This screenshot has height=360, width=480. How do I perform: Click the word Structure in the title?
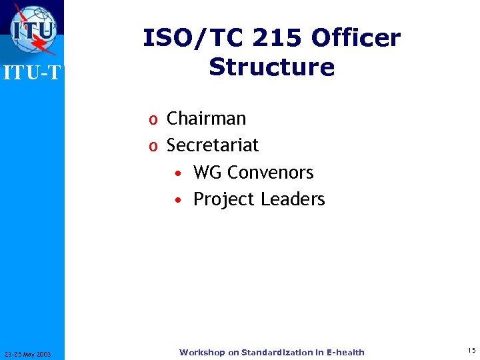pyautogui.click(x=271, y=67)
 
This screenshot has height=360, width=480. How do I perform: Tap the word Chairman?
pyautogui.click(x=206, y=119)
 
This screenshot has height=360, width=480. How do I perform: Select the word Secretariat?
pyautogui.click(x=213, y=145)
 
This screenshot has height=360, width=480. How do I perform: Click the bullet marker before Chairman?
pyautogui.click(x=153, y=120)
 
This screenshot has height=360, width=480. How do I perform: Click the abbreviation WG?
pyautogui.click(x=207, y=173)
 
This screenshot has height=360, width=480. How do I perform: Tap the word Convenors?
pyautogui.click(x=271, y=173)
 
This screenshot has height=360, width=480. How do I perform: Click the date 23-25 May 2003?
pyautogui.click(x=31, y=353)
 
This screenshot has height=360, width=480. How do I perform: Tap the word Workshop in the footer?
pyautogui.click(x=202, y=352)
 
